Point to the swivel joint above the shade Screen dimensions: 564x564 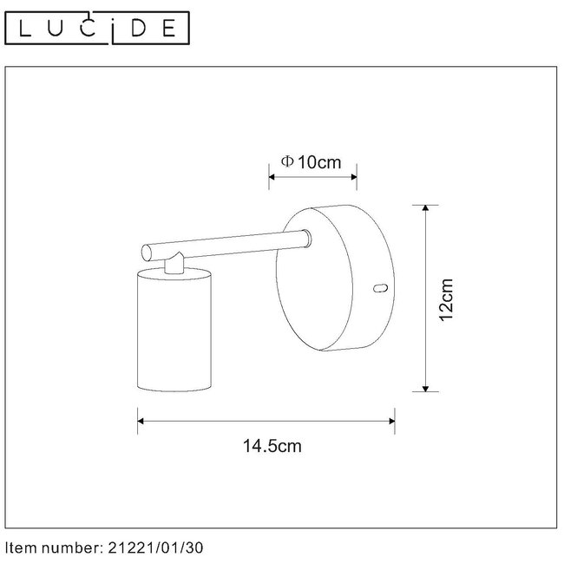pos(176,262)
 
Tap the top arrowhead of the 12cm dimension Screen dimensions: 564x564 pos(425,209)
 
